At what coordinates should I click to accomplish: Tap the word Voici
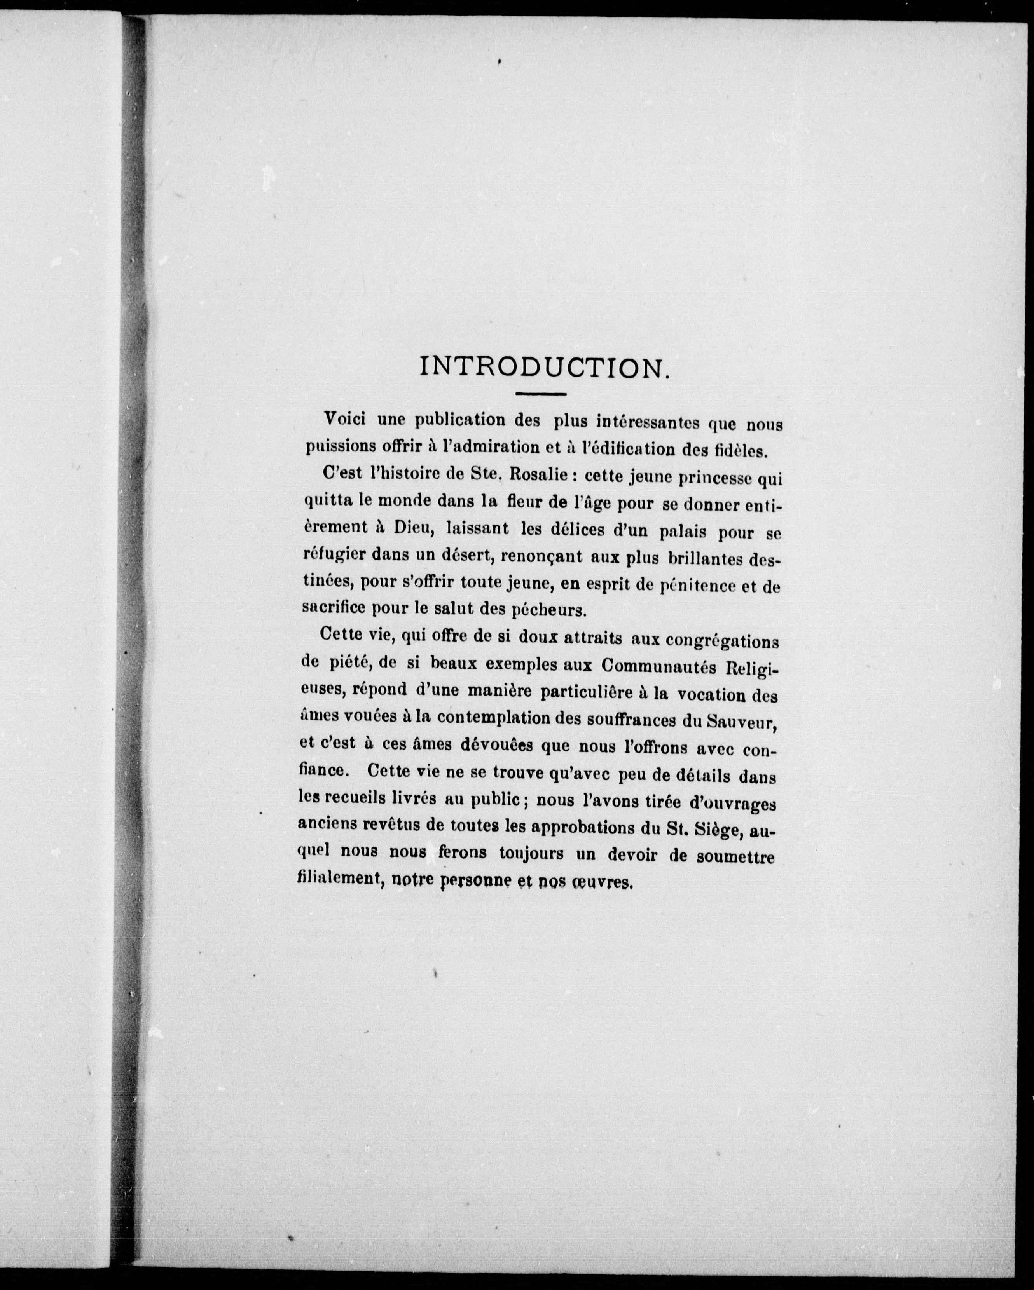344,419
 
